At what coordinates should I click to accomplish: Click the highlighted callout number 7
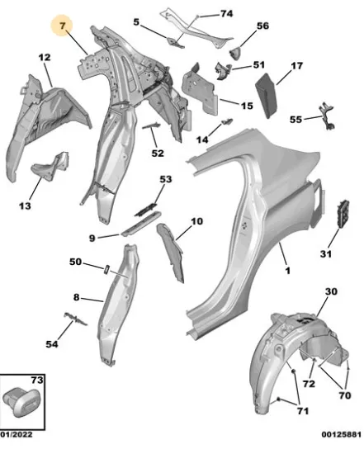[63, 26]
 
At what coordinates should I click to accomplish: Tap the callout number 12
[45, 57]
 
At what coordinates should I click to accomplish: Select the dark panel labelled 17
[267, 96]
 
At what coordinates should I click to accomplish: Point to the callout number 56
[262, 26]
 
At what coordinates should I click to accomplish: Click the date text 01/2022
[17, 434]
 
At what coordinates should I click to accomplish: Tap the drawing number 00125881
[342, 434]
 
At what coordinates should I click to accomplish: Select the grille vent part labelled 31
[343, 213]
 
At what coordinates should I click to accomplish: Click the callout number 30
[331, 291]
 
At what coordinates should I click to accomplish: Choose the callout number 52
[158, 154]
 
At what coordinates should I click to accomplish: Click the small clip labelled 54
[75, 319]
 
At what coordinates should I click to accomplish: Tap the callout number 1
[287, 271]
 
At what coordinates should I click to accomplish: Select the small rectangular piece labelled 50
[106, 269]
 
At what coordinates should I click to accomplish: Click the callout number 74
[226, 13]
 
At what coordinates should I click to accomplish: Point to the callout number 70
[344, 395]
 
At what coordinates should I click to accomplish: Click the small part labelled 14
[227, 121]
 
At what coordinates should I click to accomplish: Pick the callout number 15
[247, 106]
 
